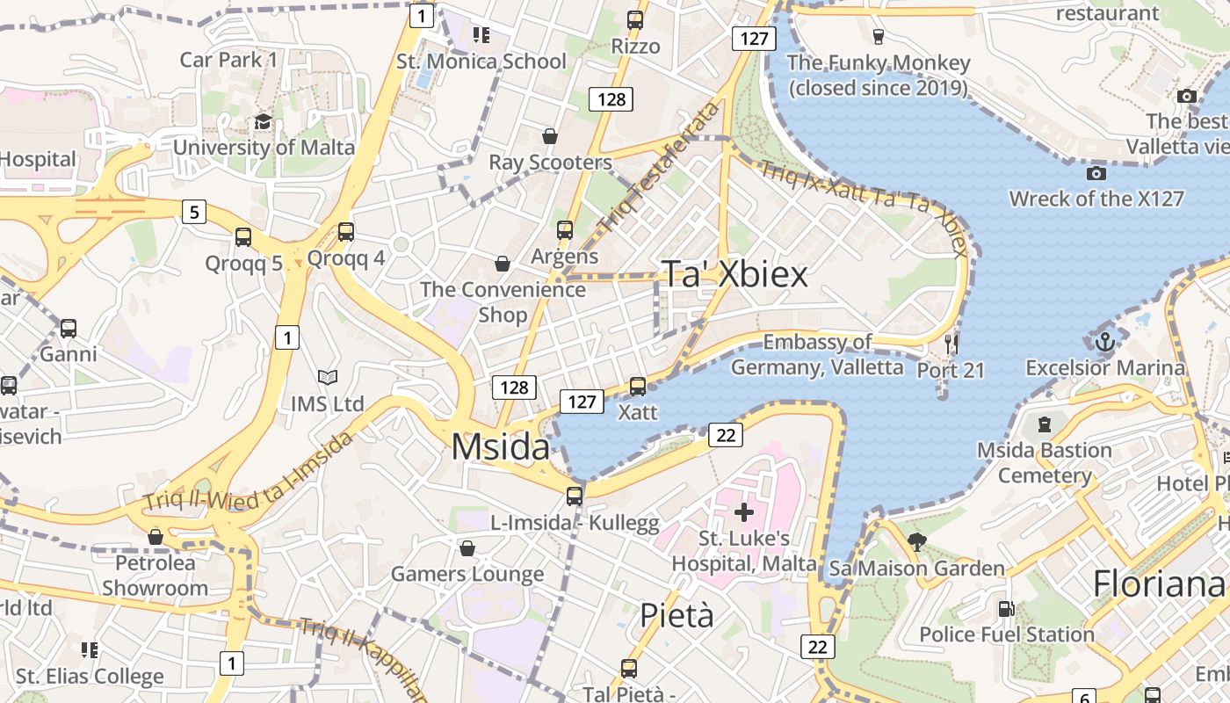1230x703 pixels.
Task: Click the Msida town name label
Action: pyautogui.click(x=500, y=447)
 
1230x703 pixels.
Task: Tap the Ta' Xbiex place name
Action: pyautogui.click(x=734, y=274)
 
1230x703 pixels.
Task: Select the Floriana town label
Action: pyautogui.click(x=1158, y=584)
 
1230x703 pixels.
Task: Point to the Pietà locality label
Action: pyautogui.click(x=676, y=615)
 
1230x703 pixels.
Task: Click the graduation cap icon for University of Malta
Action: pyautogui.click(x=263, y=121)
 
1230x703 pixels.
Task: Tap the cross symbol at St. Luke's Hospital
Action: pyautogui.click(x=743, y=512)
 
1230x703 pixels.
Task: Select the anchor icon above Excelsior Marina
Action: pyautogui.click(x=1104, y=342)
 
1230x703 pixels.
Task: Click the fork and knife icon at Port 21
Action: pyautogui.click(x=951, y=344)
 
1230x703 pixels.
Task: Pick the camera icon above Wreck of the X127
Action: pyautogui.click(x=1096, y=173)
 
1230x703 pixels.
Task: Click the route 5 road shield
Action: pyautogui.click(x=194, y=211)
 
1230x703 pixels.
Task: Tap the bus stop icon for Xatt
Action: pyautogui.click(x=638, y=386)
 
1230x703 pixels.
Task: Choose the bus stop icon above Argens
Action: pyautogui.click(x=565, y=230)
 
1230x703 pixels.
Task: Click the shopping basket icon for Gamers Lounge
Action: pyautogui.click(x=467, y=548)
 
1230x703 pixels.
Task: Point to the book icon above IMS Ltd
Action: pyautogui.click(x=328, y=378)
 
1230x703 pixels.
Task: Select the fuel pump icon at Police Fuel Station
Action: pyautogui.click(x=1006, y=608)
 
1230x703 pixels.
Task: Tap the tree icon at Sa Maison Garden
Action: pyautogui.click(x=917, y=541)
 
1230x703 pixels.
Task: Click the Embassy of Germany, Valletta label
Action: pyautogui.click(x=817, y=354)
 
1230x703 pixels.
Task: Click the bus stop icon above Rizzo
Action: pyautogui.click(x=635, y=19)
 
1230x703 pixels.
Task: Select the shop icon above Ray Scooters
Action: pyautogui.click(x=550, y=136)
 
